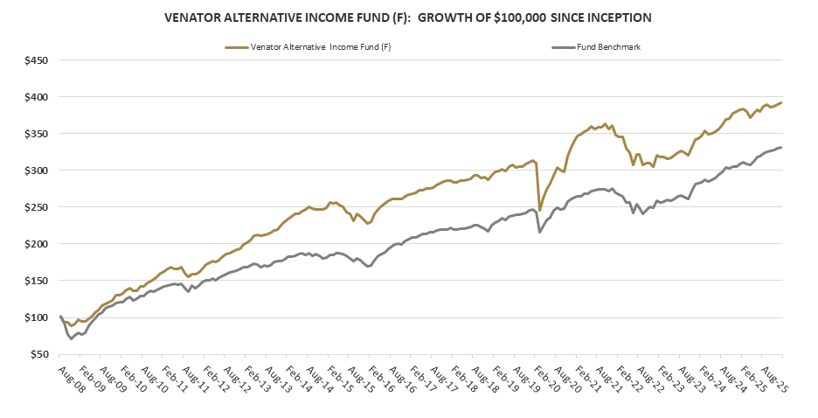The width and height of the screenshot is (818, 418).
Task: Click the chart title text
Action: (409, 16)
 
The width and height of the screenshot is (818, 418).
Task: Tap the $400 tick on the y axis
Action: (35, 97)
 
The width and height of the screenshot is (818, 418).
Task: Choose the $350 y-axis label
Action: (35, 134)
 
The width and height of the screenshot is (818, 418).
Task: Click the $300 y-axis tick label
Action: (35, 171)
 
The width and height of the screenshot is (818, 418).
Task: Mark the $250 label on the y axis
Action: (35, 207)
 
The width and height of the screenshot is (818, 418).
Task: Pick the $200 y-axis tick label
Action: (35, 244)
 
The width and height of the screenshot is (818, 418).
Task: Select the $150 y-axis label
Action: (35, 281)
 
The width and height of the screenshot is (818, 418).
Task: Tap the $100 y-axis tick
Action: (35, 317)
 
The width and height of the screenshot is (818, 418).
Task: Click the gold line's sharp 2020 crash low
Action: (539, 211)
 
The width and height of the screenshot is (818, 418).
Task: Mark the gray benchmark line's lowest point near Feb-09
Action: (71, 338)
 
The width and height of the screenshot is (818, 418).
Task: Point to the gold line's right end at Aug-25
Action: (780, 102)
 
